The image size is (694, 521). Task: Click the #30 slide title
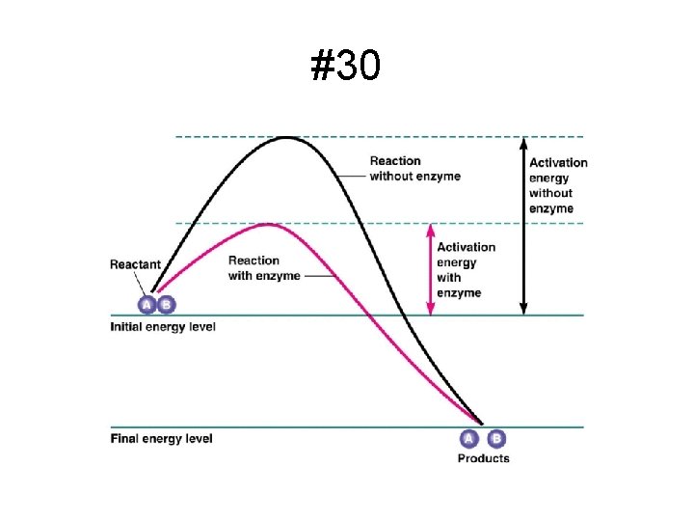click(x=345, y=65)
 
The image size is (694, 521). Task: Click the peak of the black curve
click(x=287, y=138)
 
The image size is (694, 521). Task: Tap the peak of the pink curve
click(x=268, y=225)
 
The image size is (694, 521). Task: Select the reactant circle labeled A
click(x=147, y=305)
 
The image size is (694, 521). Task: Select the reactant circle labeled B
click(x=167, y=305)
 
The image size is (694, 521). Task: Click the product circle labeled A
click(x=468, y=439)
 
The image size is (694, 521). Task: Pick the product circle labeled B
click(x=496, y=439)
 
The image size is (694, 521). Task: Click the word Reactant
click(x=135, y=264)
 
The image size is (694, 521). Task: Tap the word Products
click(x=483, y=458)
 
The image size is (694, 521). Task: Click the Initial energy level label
click(x=163, y=327)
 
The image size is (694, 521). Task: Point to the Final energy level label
click(x=162, y=439)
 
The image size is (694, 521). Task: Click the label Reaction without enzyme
click(x=415, y=168)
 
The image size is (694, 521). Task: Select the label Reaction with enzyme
click(x=264, y=268)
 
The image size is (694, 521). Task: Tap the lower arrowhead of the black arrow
click(x=523, y=310)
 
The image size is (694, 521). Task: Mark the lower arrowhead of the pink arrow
click(x=431, y=310)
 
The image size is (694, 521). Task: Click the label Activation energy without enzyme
click(x=558, y=185)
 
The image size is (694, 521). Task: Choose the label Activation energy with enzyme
click(x=467, y=270)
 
